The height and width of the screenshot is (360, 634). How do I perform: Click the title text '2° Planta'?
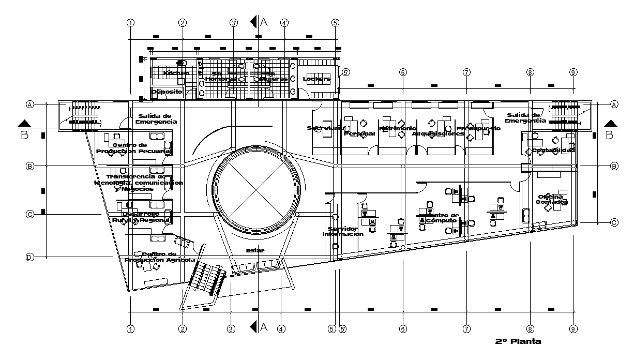point(518,341)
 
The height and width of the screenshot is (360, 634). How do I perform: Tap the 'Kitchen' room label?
point(176,73)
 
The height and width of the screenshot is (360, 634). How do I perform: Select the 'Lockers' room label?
point(316,79)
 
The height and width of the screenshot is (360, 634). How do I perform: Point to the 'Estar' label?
point(255,250)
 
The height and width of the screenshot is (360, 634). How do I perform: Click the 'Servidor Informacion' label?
point(343,231)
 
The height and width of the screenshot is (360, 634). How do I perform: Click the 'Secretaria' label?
point(325,128)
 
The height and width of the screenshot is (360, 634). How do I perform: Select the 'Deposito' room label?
point(167,92)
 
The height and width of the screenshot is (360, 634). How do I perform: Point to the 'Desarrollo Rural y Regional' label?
point(141,217)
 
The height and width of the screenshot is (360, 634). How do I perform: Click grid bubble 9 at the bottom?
point(573,328)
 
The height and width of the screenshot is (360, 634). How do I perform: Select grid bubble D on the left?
point(30,257)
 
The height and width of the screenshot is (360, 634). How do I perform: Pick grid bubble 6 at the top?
point(402,72)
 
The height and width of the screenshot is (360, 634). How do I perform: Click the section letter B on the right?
point(609,135)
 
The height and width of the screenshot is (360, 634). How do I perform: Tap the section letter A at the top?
point(264,22)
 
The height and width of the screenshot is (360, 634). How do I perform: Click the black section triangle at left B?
point(24,124)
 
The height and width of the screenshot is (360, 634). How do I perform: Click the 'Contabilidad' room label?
point(553,150)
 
